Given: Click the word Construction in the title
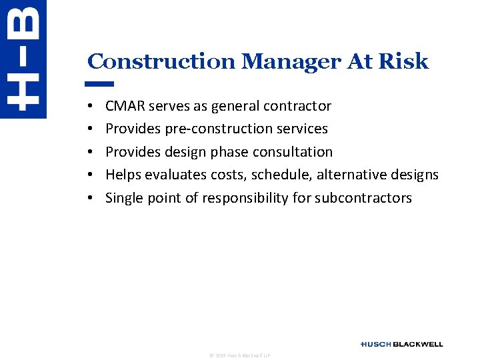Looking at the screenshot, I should click(x=161, y=62).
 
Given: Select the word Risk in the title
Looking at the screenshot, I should click(x=403, y=62).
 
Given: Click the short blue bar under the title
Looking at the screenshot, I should click(x=101, y=84).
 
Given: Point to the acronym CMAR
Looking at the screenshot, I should click(x=125, y=106).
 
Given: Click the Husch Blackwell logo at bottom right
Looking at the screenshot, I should click(x=401, y=344).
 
